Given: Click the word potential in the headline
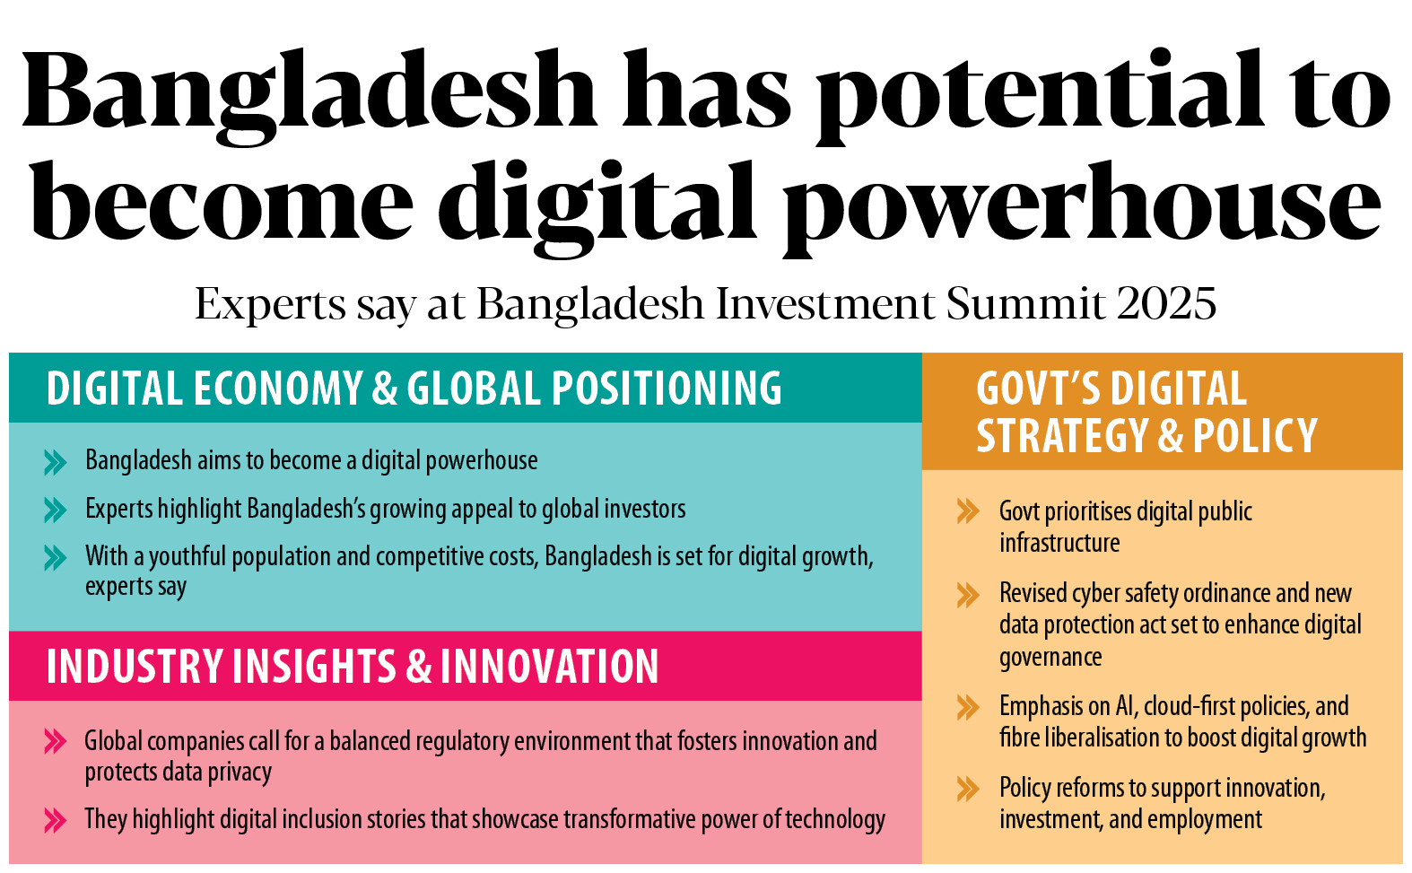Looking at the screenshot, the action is pos(1040,94).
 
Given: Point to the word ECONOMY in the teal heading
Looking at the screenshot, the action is pos(278,388).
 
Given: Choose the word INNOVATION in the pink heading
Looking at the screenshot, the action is pos(549,667).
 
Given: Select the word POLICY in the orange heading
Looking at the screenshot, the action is pos(1255,435).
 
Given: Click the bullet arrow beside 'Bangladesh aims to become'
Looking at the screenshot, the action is pos(56,462).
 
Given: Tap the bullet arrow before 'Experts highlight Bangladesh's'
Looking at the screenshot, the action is pos(56,510).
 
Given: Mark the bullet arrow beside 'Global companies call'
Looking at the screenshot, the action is pos(56,741).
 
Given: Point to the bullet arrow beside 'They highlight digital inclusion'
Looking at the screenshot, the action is pos(56,820).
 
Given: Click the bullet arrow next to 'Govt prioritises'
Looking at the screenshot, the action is pos(968,511).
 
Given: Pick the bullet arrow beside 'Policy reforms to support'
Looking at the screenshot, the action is pos(968,789).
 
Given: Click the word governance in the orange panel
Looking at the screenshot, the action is pos(1050,658).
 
